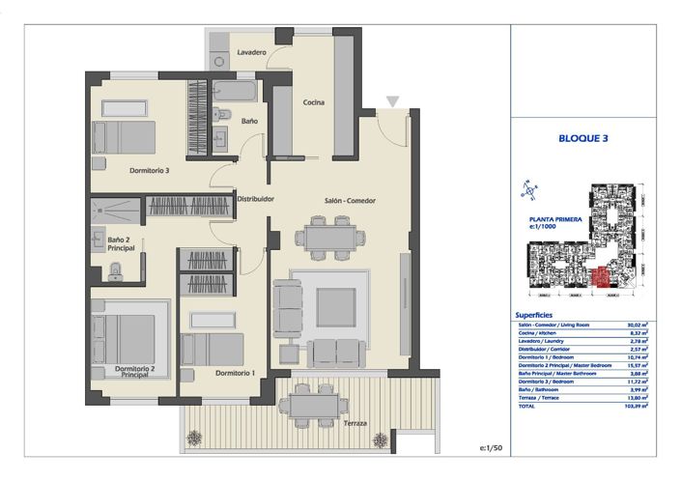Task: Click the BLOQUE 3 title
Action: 583,138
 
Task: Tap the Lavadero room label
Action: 251,52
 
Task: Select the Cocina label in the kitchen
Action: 313,102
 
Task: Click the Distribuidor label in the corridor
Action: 256,199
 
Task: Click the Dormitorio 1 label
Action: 235,373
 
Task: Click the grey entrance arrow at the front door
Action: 391,101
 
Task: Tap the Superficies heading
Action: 534,315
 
